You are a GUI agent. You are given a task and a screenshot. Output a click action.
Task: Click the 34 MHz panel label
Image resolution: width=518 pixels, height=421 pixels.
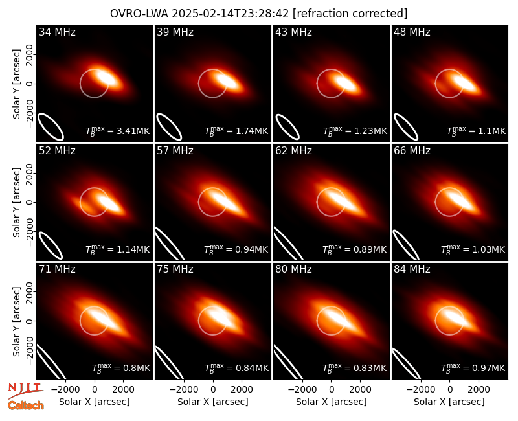(x=57, y=32)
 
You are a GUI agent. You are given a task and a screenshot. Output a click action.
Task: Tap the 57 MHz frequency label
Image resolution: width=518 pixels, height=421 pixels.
(x=175, y=151)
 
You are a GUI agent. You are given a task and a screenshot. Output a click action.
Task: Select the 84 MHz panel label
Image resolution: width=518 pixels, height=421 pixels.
(x=412, y=269)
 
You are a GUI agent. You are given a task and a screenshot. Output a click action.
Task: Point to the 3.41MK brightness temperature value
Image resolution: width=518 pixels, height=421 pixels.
(x=133, y=131)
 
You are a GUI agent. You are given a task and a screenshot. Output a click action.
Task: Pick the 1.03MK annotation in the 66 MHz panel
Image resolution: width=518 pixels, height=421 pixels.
(x=489, y=249)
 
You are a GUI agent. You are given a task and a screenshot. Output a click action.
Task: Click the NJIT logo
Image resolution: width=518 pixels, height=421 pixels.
(x=25, y=390)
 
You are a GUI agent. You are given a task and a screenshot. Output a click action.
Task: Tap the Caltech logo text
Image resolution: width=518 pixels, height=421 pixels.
(x=26, y=405)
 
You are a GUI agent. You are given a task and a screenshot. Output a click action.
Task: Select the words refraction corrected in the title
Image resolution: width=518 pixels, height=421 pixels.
(x=350, y=14)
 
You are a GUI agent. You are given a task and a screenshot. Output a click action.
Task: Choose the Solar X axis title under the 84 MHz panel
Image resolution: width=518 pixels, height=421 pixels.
(x=449, y=402)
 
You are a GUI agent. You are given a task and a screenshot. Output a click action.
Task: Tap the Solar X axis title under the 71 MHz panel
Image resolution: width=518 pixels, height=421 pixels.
(x=95, y=402)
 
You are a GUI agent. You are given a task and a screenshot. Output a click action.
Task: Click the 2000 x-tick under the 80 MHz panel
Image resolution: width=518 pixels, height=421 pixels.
(x=360, y=390)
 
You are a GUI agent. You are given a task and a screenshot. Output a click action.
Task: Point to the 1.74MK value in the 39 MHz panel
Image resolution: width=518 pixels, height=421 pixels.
(x=252, y=131)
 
